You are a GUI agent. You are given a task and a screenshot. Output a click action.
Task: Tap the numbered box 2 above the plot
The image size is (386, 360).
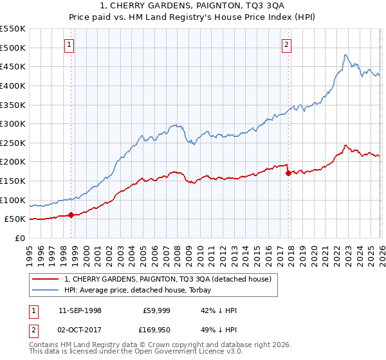click(x=286, y=44)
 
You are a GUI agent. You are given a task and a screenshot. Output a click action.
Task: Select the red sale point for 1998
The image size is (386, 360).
click(x=70, y=215)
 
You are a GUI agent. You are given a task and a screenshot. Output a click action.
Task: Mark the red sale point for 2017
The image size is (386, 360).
click(x=288, y=173)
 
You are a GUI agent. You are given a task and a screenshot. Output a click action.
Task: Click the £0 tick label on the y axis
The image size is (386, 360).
click(x=19, y=238)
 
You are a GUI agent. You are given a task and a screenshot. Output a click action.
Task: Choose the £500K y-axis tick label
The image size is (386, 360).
click(x=13, y=48)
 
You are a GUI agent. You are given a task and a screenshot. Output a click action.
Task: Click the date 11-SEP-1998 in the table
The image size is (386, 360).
click(x=80, y=310)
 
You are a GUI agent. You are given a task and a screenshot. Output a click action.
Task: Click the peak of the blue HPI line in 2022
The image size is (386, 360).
click(x=345, y=55)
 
